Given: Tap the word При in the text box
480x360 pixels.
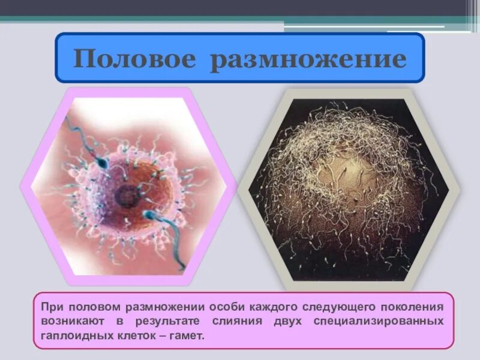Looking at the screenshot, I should (52, 305).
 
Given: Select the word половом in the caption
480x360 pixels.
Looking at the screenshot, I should (91, 305).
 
